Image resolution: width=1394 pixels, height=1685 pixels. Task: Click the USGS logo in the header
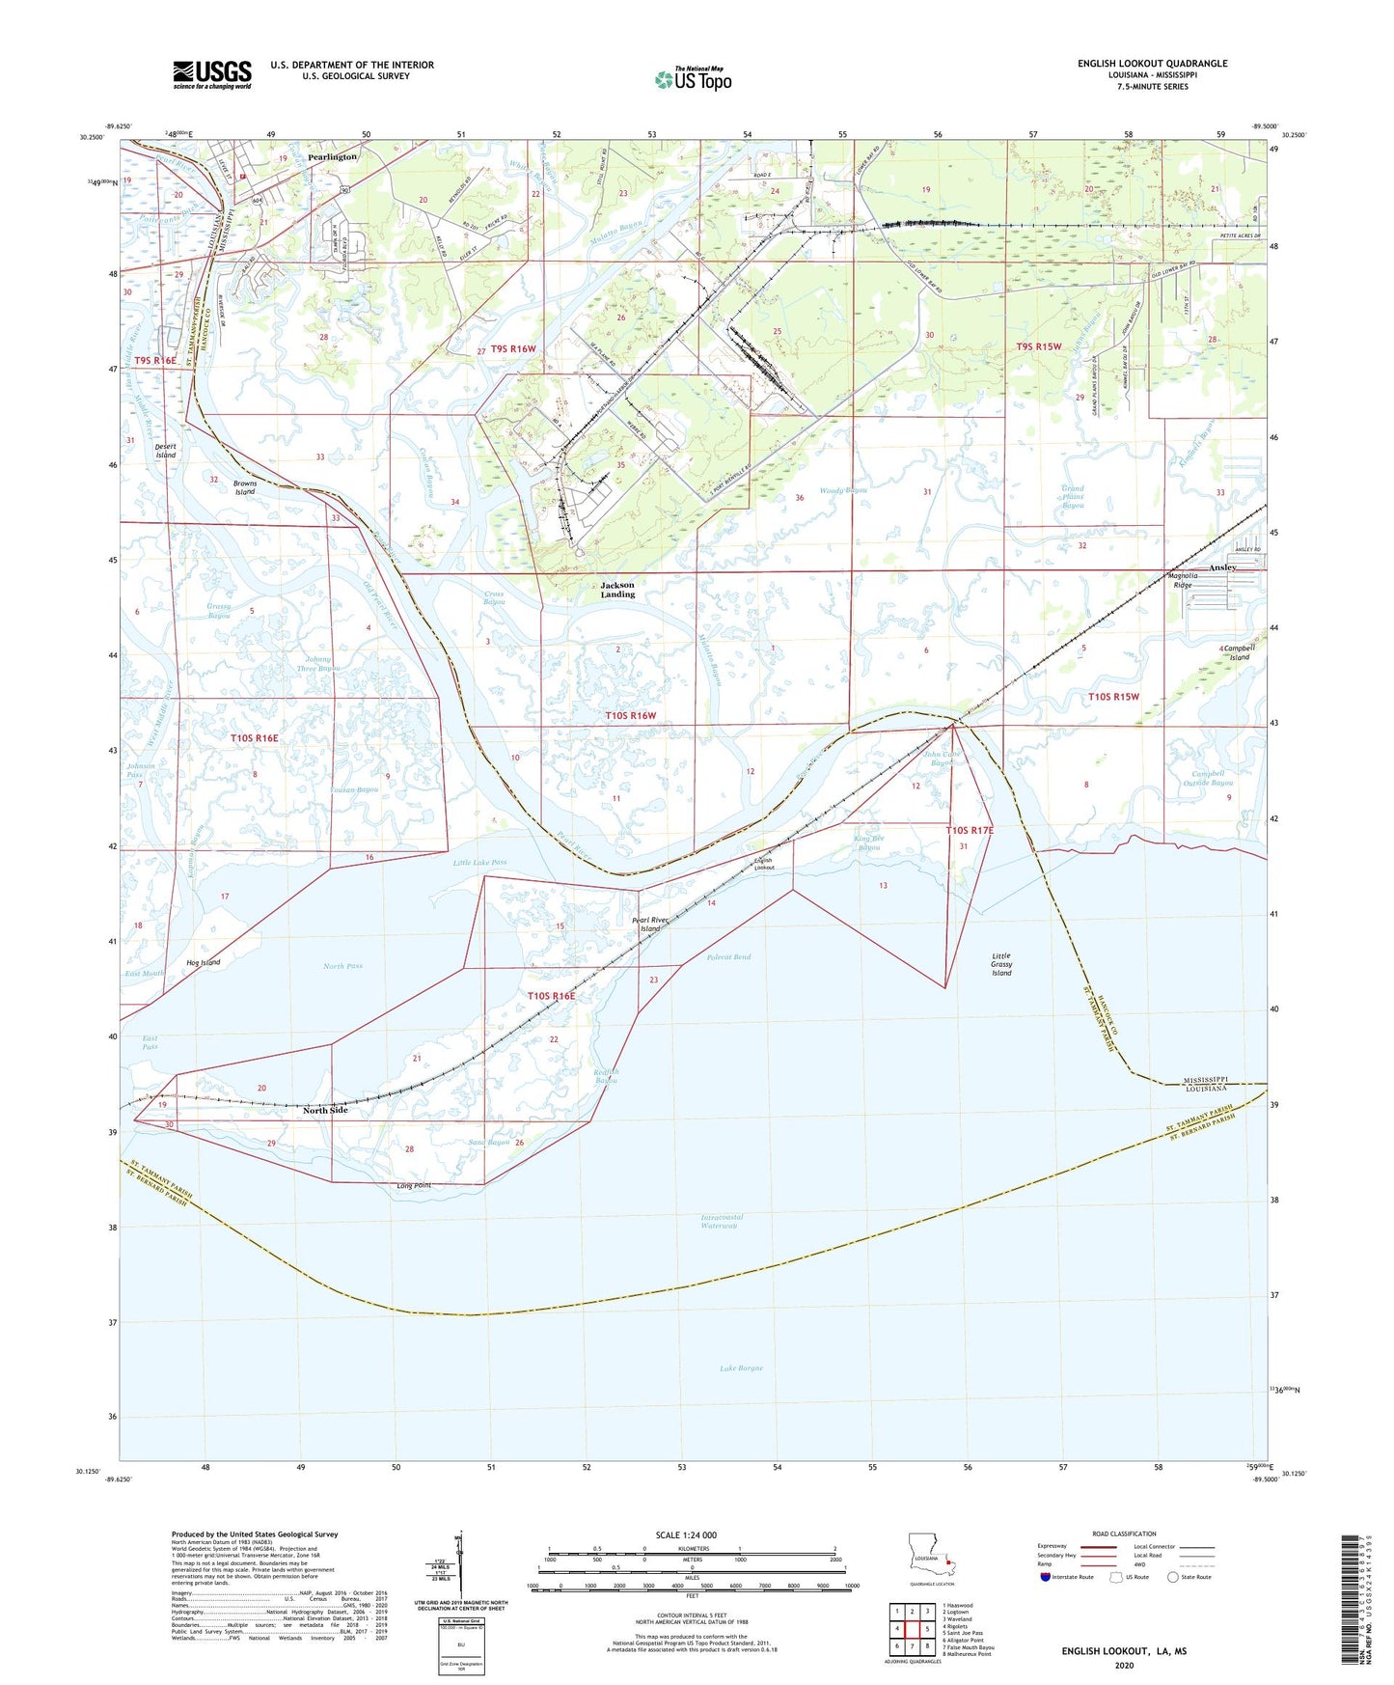coord(212,74)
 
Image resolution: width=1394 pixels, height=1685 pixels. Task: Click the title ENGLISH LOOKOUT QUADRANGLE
coord(1152,64)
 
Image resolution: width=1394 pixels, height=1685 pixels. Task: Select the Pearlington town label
coord(332,156)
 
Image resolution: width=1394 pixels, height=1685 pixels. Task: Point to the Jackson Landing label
coord(617,590)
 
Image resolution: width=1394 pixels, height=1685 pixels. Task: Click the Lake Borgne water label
coord(741,1367)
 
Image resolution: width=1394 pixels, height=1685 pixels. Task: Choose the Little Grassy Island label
coord(1001,964)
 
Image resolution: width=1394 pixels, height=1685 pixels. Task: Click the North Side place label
coord(325,1110)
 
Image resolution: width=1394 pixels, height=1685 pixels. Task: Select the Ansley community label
coord(1222,567)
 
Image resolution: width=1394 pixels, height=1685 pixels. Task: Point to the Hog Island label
coord(204,962)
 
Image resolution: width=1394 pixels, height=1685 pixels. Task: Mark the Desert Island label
coord(166,451)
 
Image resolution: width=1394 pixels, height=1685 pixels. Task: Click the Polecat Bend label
coord(728,957)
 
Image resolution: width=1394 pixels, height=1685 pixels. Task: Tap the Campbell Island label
coord(1238,652)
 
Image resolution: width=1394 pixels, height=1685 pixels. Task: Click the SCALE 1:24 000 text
coord(686,1535)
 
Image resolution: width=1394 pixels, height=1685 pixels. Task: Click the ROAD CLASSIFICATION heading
coord(1124,1533)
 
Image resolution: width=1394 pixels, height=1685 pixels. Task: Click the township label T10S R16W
coord(631,715)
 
